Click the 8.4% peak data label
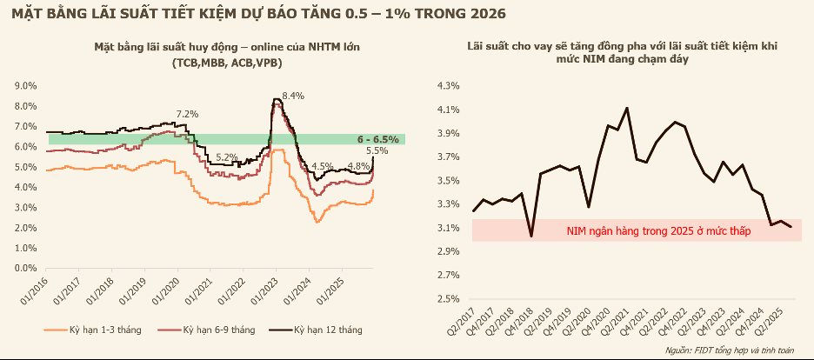pyautogui.click(x=293, y=96)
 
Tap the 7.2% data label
pyautogui.click(x=187, y=114)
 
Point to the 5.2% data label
pyautogui.click(x=227, y=157)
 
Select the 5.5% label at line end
pyautogui.click(x=377, y=150)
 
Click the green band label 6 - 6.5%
pyautogui.click(x=377, y=139)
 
